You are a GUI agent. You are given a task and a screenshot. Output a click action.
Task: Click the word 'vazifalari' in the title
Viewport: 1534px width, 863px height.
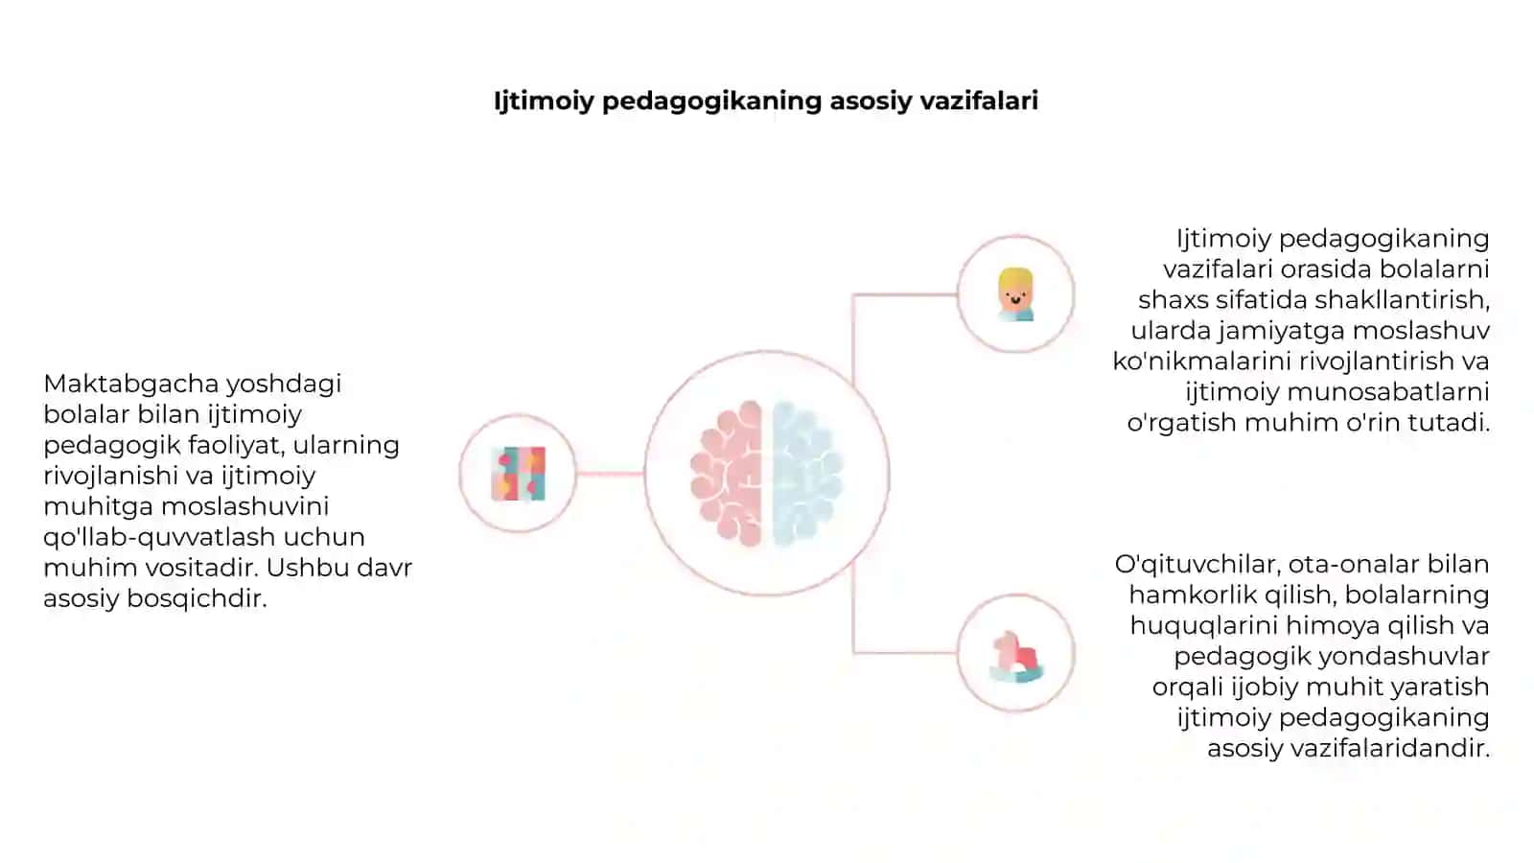[x=979, y=100]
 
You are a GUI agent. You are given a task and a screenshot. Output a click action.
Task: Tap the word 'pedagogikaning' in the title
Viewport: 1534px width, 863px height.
[x=711, y=102]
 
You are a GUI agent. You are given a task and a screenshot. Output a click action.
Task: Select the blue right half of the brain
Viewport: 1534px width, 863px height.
[x=807, y=474]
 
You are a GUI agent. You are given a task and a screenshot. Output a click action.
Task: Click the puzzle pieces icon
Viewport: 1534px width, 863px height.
[x=519, y=474]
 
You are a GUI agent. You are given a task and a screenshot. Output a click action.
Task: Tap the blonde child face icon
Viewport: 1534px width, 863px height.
[x=1015, y=294]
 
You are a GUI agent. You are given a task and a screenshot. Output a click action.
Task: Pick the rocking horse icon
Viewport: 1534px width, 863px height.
[x=1016, y=656]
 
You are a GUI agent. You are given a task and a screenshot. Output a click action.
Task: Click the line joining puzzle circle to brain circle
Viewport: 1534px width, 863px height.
[x=610, y=474]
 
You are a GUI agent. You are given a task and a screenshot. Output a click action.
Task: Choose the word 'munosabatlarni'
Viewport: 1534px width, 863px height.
[x=1388, y=392]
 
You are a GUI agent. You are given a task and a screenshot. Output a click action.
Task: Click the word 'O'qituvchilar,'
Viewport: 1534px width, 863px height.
[x=1197, y=565]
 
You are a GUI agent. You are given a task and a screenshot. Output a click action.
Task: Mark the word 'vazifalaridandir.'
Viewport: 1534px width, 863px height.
[x=1348, y=749]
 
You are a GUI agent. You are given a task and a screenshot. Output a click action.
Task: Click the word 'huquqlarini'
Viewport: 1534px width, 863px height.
[x=1204, y=626]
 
